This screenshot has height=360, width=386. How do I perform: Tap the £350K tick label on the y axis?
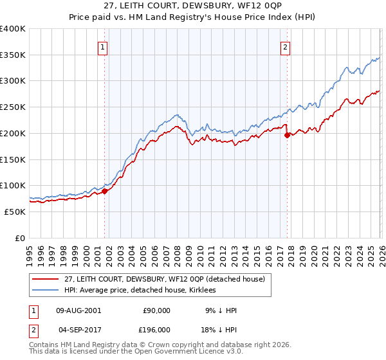coord(13,55)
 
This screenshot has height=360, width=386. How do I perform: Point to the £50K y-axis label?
coord(15,212)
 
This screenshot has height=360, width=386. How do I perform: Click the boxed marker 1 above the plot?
coord(103,46)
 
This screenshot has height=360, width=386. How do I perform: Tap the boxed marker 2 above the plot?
coord(284,46)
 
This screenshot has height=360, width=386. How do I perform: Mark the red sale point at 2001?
coord(104,191)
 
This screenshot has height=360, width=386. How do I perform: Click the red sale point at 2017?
coord(286,135)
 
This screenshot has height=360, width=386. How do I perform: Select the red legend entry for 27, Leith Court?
coord(169,279)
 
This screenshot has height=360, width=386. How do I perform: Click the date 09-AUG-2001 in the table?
coord(78,310)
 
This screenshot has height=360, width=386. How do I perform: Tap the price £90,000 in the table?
coord(156,310)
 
